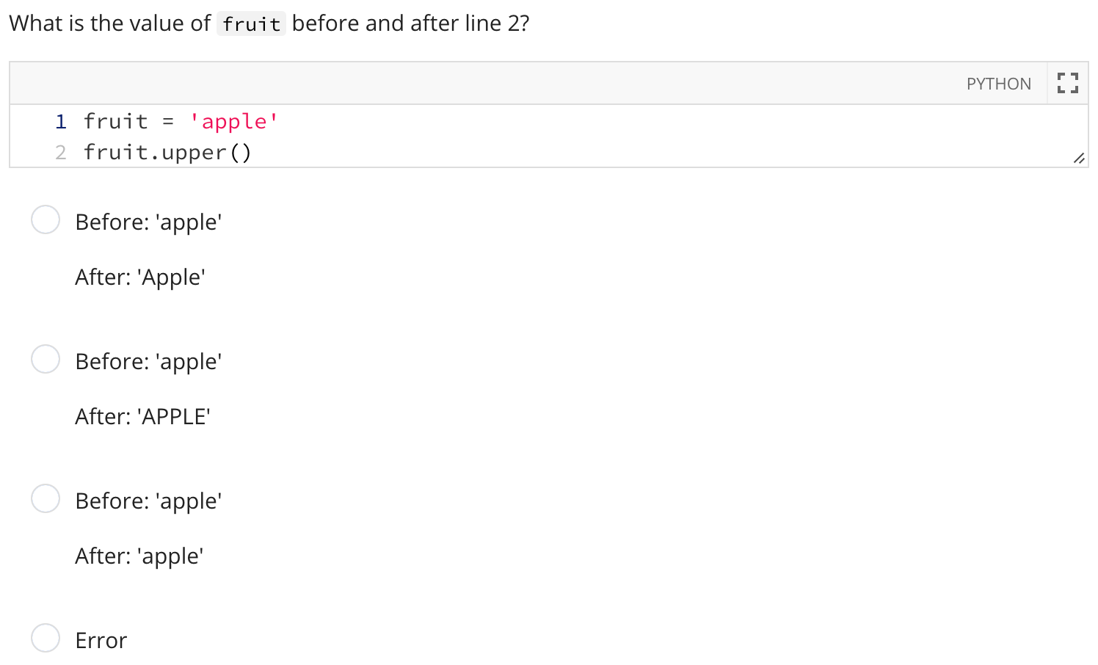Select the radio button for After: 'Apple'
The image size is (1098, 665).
pyautogui.click(x=46, y=219)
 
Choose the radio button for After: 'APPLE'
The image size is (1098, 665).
pyautogui.click(x=46, y=359)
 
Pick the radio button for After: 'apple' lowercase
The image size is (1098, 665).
pyautogui.click(x=46, y=498)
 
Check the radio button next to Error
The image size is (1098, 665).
pyautogui.click(x=46, y=638)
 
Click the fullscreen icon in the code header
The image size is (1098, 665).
pyautogui.click(x=1067, y=83)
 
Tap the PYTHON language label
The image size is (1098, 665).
pyautogui.click(x=998, y=84)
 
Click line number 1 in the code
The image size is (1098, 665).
pyautogui.click(x=61, y=122)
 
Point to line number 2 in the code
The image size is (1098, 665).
pyautogui.click(x=61, y=153)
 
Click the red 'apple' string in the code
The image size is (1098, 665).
pyautogui.click(x=233, y=122)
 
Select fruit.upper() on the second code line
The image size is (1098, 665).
pyautogui.click(x=167, y=153)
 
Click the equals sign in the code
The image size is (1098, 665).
pyautogui.click(x=168, y=122)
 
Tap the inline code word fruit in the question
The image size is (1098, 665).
pyautogui.click(x=251, y=24)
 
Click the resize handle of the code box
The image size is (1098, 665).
pyautogui.click(x=1078, y=158)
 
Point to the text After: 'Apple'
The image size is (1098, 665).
pyautogui.click(x=140, y=277)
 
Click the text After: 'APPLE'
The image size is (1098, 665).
pyautogui.click(x=142, y=417)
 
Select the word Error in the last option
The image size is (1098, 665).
pyautogui.click(x=101, y=641)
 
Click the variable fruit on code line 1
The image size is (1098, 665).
pyautogui.click(x=115, y=122)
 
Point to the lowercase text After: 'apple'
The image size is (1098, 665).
pyautogui.click(x=139, y=556)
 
